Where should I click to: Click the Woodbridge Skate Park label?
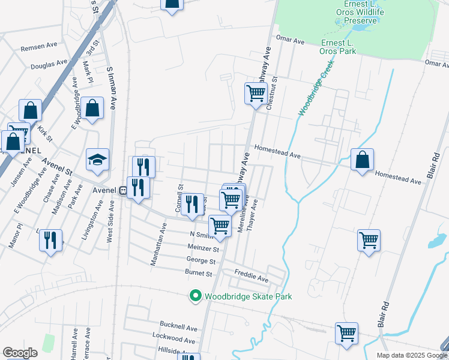point(248,296)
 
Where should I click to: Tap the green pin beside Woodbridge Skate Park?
point(195,296)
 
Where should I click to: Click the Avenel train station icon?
point(122,191)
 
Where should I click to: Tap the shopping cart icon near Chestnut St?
point(256,94)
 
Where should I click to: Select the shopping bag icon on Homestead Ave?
point(362,160)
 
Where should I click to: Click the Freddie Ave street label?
point(251,279)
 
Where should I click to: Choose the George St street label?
point(201,262)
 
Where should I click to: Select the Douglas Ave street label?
point(49,64)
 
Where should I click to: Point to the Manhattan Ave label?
point(163,244)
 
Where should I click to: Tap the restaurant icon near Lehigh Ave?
point(50,241)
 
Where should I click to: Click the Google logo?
point(19,353)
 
